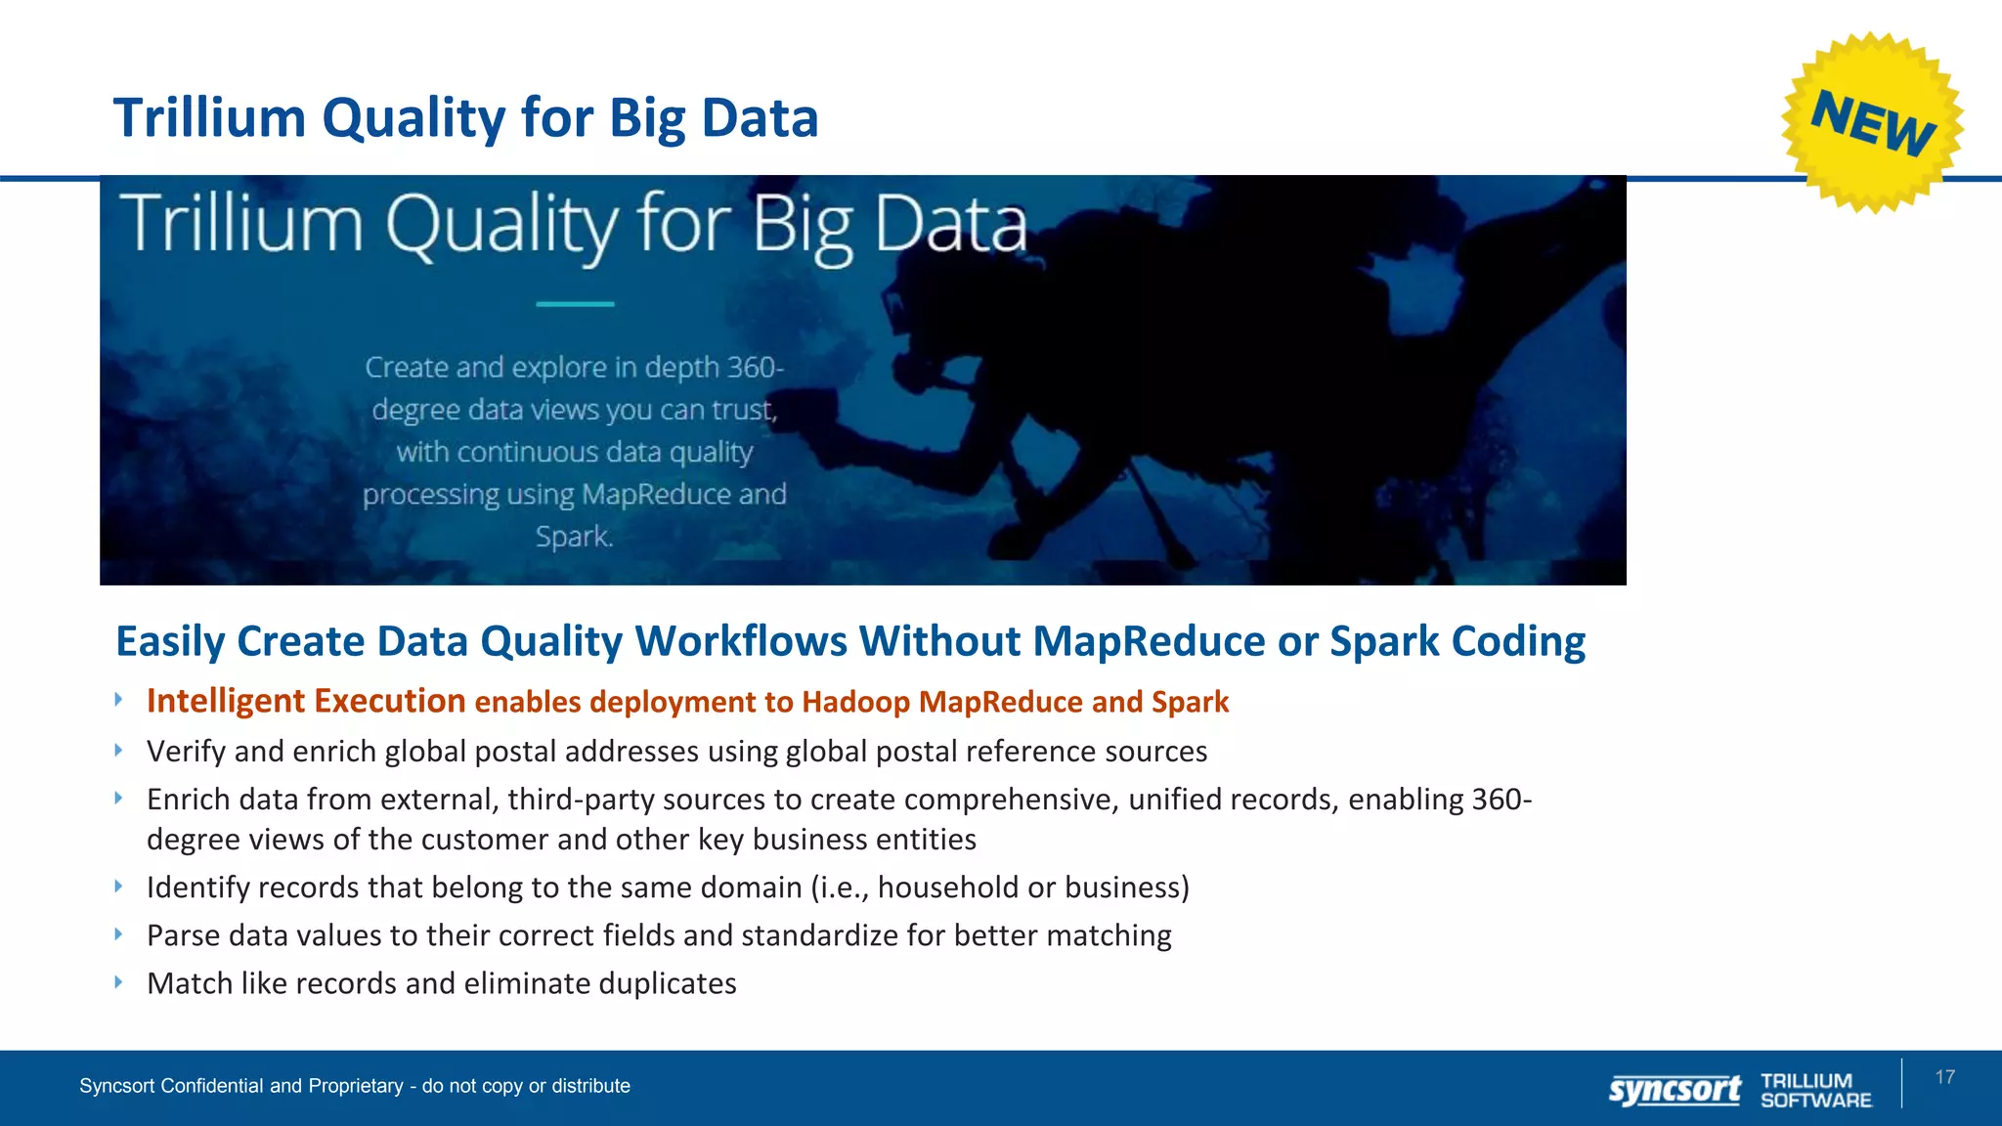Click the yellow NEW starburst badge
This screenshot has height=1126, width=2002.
[x=1871, y=122]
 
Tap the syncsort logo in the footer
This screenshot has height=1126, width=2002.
[x=1675, y=1090]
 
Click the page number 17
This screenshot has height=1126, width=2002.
[x=1944, y=1077]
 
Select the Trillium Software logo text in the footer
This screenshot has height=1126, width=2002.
[x=1815, y=1090]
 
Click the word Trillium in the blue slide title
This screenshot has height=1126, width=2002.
[x=210, y=118]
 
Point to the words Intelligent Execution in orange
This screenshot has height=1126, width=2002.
[x=305, y=701]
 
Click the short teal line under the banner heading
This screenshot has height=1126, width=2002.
[x=575, y=304]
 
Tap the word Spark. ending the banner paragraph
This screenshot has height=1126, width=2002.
[x=574, y=537]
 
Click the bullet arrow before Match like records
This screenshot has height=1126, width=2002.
[x=118, y=981]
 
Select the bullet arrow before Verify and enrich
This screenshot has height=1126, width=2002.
[x=118, y=750]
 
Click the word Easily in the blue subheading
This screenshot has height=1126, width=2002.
[x=171, y=642]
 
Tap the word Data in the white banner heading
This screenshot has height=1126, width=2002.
[x=949, y=224]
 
